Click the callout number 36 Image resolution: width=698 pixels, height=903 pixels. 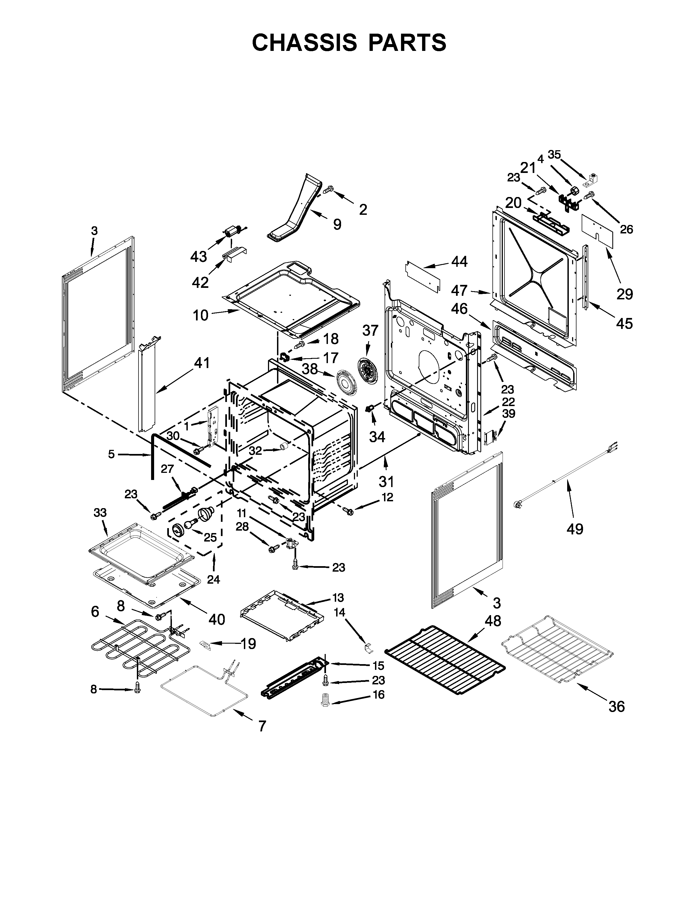point(616,707)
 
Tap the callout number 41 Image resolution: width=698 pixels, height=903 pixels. point(202,363)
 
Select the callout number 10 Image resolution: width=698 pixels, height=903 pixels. point(201,316)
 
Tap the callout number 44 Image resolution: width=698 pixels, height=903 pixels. point(459,261)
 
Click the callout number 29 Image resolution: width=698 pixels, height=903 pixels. point(625,294)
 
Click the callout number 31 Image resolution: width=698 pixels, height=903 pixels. point(386,481)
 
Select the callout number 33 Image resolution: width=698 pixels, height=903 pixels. point(100,513)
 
